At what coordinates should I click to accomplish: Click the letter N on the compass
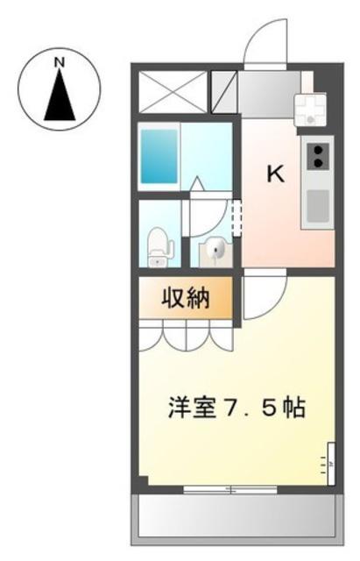click(x=60, y=62)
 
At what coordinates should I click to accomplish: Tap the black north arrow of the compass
click(x=60, y=95)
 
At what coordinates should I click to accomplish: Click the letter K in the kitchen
click(x=276, y=174)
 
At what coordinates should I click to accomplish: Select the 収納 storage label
click(x=186, y=298)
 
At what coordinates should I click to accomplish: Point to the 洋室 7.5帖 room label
click(x=236, y=408)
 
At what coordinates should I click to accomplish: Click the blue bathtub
click(x=159, y=156)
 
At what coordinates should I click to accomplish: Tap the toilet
click(x=159, y=247)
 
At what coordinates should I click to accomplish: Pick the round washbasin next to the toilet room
click(x=215, y=247)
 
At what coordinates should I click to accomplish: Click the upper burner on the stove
click(x=318, y=150)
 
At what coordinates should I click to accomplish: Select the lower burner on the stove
click(x=318, y=163)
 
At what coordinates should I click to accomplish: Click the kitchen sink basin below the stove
click(x=318, y=206)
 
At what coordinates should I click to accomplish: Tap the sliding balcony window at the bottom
click(x=230, y=489)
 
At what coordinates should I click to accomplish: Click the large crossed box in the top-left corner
click(x=173, y=92)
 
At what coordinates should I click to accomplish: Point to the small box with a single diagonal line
click(x=224, y=92)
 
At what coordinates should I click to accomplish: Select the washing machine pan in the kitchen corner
click(x=309, y=110)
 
